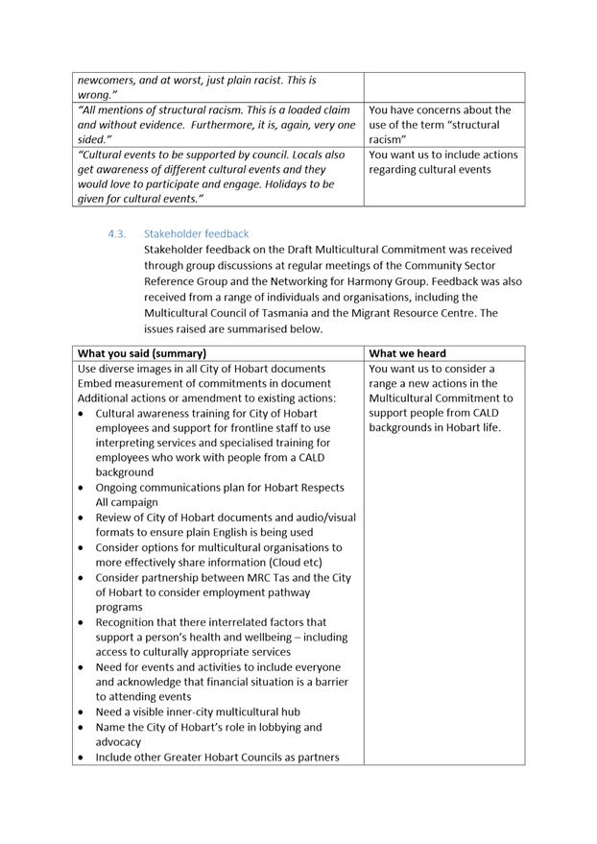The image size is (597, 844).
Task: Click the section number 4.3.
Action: tap(117, 233)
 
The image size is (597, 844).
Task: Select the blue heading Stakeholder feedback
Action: tap(196, 233)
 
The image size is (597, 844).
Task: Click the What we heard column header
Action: tap(407, 353)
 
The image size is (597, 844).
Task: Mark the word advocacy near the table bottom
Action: tap(118, 742)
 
